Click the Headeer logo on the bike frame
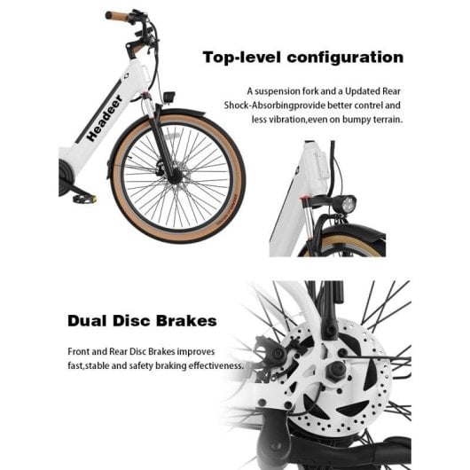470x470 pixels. (x=105, y=118)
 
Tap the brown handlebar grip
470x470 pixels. (x=116, y=16)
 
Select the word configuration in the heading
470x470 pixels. (x=345, y=58)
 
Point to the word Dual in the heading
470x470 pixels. (x=87, y=320)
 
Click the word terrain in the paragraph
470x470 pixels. (x=388, y=120)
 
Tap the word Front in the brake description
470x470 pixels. (x=79, y=351)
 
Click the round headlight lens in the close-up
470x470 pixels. (x=349, y=204)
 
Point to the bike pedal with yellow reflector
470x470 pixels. (x=85, y=199)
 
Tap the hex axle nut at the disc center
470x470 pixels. (x=335, y=371)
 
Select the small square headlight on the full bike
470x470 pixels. (x=168, y=97)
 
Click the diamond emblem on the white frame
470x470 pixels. (x=126, y=76)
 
